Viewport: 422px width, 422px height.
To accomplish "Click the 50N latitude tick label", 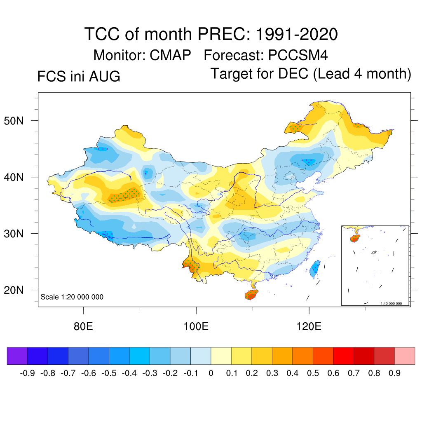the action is click(14, 121).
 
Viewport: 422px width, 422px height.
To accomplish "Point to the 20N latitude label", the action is click(14, 290).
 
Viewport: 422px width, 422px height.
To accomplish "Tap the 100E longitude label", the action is click(196, 326).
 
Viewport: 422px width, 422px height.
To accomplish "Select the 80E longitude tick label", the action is click(83, 326).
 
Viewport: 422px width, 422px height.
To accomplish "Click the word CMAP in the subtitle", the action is click(170, 55).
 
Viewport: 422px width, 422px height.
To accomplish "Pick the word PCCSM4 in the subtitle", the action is click(298, 55).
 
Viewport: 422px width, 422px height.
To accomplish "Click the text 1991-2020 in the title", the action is click(297, 34).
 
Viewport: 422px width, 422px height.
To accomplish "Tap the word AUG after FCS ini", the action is click(105, 76).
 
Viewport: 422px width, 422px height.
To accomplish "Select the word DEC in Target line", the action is click(293, 73).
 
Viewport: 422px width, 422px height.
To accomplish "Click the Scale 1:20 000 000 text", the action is click(72, 297).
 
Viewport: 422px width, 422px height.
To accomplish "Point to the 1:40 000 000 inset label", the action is click(391, 304).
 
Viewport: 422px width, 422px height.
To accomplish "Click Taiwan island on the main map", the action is click(315, 269).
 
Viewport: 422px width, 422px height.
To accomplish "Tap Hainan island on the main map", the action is click(251, 295).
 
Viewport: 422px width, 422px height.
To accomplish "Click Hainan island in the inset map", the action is click(355, 238).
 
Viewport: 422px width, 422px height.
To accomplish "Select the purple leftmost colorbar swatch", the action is click(17, 356).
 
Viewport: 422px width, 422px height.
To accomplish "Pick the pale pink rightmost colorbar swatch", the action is click(405, 356).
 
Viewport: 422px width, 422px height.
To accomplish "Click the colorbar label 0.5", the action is click(313, 373).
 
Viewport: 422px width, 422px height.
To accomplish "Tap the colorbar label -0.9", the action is click(28, 373).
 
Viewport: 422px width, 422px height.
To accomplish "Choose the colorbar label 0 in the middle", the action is click(211, 373).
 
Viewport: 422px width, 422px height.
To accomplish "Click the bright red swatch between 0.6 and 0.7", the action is click(343, 356).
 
